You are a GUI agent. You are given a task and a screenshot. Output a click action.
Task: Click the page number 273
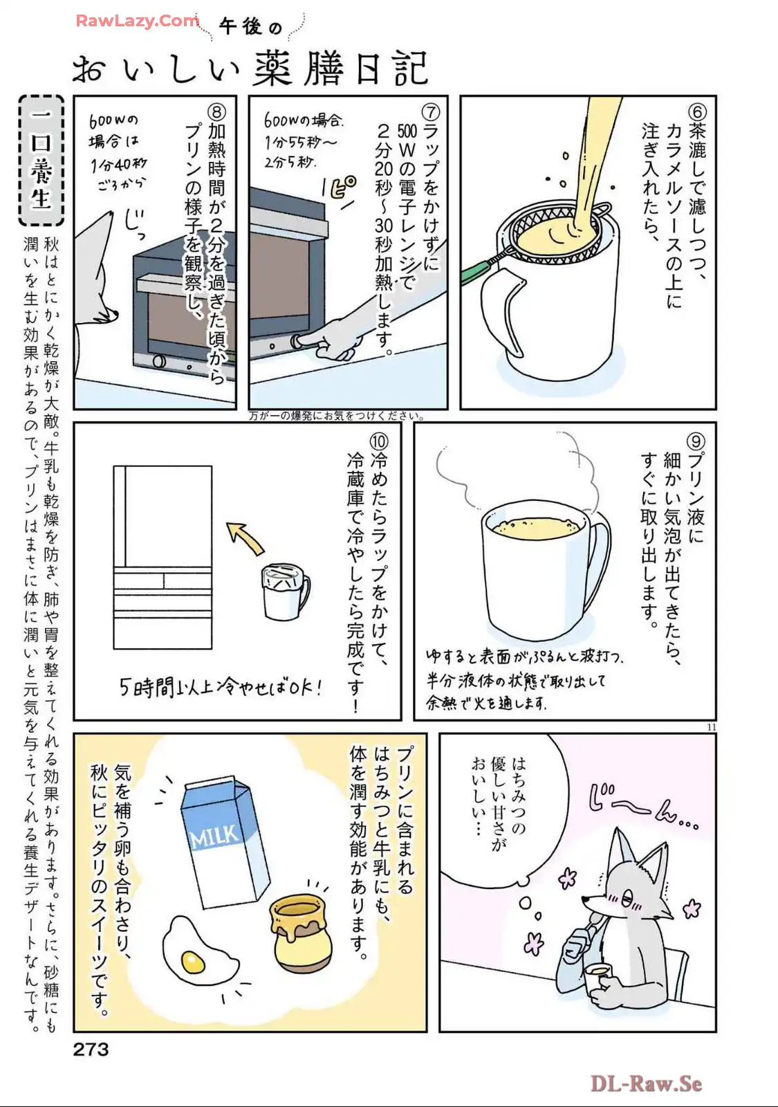coord(91,1049)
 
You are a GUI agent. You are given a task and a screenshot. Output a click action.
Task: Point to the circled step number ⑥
coord(697,111)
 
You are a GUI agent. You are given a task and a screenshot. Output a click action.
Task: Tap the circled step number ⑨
coord(696,441)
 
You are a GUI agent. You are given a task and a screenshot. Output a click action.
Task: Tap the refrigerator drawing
coord(163,557)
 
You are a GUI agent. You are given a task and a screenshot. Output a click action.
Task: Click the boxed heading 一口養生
coord(41,160)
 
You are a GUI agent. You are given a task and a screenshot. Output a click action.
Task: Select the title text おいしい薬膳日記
coord(250,68)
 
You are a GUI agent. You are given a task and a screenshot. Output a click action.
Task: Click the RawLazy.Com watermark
coord(137,21)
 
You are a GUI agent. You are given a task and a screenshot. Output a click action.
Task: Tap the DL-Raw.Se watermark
coord(646,1083)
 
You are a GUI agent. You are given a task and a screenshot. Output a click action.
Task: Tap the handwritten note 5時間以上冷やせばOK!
coord(221,688)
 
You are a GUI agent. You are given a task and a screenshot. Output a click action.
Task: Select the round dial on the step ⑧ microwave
coord(159,360)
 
